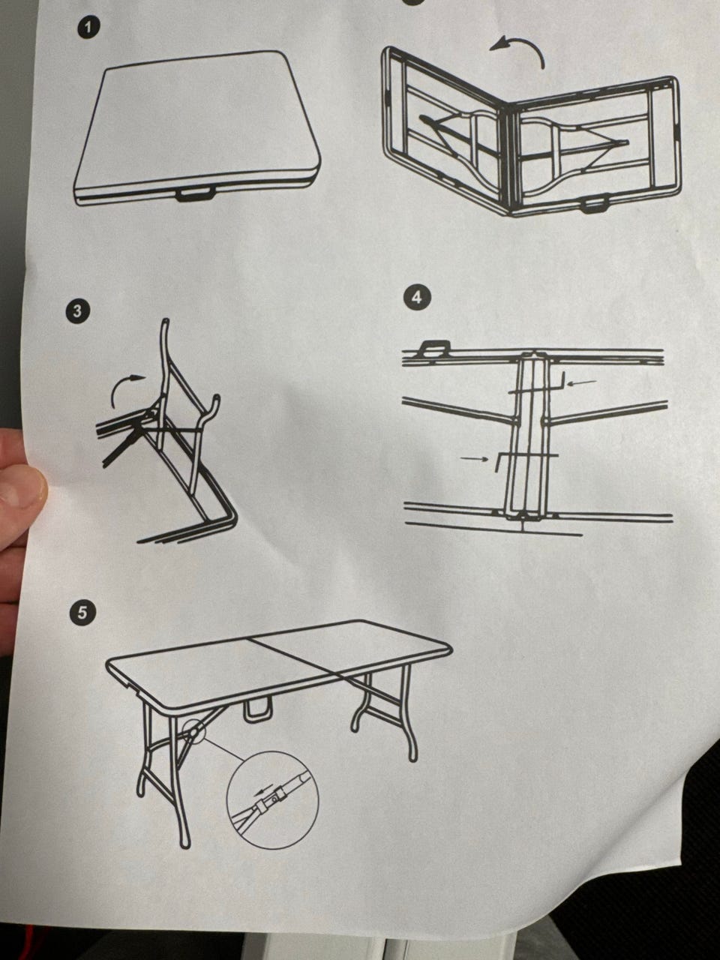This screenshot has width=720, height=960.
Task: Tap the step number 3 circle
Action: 77,311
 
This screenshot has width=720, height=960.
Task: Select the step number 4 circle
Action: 418,298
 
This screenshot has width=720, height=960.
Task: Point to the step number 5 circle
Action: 82,613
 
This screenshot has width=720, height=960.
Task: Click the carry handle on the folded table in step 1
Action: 194,193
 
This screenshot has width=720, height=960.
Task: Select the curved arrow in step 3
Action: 127,387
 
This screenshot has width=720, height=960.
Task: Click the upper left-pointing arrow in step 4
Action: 582,382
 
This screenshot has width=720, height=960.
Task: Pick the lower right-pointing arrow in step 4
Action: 474,458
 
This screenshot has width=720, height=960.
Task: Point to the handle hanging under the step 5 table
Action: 258,710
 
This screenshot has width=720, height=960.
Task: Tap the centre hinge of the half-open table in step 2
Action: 511,158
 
